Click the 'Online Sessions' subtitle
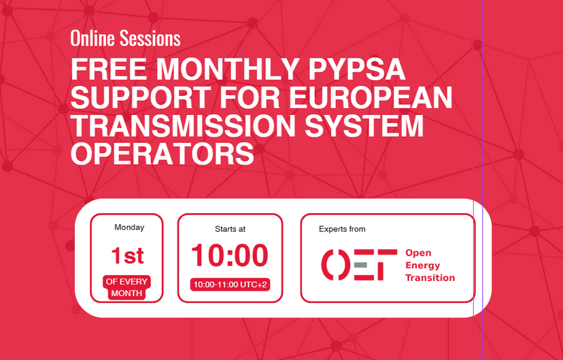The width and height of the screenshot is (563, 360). point(125,39)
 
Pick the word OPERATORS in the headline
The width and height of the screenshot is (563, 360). point(163,154)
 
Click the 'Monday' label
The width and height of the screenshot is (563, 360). point(129,227)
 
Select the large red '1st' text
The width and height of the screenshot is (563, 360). point(127,256)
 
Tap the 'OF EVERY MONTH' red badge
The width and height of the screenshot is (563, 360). point(126,287)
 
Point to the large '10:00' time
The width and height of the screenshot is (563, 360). point(230,256)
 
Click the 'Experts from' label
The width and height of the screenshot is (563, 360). point(342,229)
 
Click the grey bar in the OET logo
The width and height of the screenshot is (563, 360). point(360,265)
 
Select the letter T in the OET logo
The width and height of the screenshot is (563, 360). point(386,265)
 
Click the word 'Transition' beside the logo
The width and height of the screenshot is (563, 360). point(430,278)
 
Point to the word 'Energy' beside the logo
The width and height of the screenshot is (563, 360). point(422,265)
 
